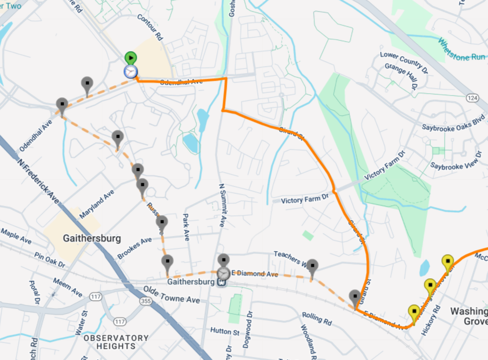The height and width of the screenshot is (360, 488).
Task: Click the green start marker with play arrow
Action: tap(130, 58)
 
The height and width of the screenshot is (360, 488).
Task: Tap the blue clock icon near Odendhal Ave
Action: tap(130, 72)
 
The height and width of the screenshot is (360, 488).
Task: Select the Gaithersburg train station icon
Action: tap(221, 282)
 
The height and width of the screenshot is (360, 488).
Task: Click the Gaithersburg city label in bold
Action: tap(92, 238)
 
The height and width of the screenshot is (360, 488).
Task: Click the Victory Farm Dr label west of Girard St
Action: tap(304, 200)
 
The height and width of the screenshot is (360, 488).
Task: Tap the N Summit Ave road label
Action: tap(222, 205)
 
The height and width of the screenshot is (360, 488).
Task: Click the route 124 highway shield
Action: tap(472, 97)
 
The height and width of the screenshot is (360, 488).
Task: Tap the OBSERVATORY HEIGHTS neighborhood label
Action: tap(116, 342)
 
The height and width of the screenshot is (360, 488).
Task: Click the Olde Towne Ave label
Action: tap(171, 295)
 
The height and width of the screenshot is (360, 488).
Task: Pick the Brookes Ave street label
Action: tap(134, 248)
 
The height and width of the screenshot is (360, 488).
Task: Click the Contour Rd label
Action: tap(150, 28)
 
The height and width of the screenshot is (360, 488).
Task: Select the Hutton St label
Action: tap(224, 331)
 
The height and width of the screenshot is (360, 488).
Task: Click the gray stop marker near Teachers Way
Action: tap(312, 267)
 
